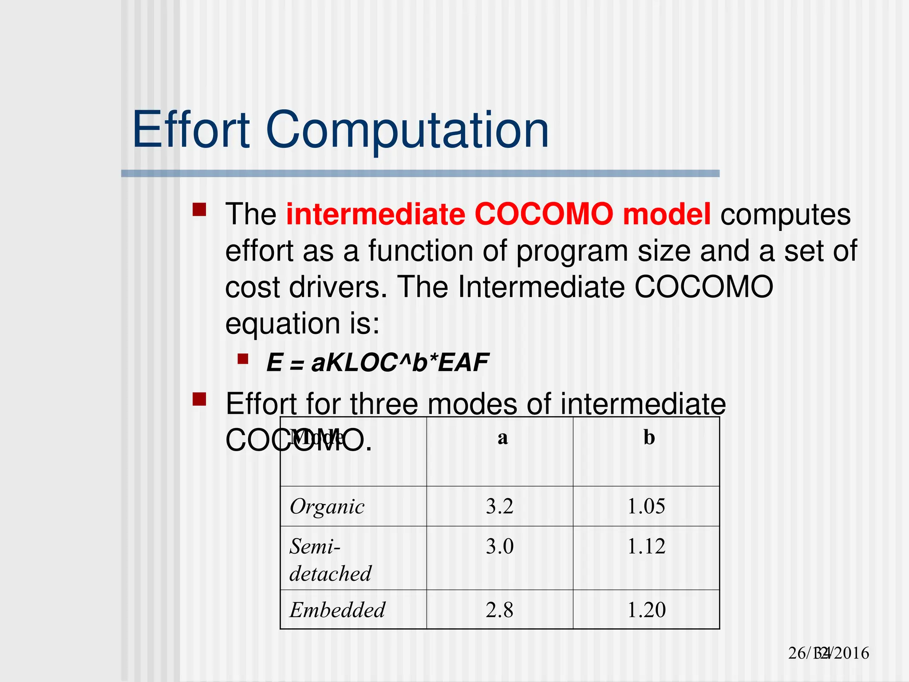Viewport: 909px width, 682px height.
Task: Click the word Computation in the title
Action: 407,130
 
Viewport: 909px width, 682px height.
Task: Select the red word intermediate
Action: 375,214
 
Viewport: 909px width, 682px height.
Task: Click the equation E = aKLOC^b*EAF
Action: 377,362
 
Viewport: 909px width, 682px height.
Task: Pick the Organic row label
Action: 327,507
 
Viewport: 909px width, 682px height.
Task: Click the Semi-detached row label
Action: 330,559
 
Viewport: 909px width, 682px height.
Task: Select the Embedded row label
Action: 337,610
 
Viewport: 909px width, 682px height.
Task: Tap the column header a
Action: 502,438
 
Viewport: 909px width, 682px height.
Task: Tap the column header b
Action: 649,438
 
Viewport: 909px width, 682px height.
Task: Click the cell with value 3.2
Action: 499,506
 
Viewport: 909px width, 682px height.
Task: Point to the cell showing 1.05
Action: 646,506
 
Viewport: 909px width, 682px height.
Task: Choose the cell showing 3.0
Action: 499,546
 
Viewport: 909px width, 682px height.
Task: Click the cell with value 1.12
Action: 646,546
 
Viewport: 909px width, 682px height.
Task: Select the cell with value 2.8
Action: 499,610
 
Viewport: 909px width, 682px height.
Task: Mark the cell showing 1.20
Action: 646,610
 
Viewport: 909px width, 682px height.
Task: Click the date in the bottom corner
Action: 828,653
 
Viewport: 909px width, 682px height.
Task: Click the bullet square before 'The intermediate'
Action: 199,209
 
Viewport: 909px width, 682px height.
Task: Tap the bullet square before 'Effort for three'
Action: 199,399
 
